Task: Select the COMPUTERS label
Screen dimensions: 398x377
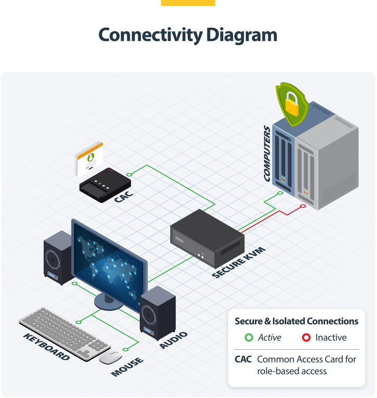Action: tap(267, 153)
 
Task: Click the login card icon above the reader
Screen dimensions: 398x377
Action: tap(89, 159)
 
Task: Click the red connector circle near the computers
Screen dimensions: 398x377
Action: tap(303, 206)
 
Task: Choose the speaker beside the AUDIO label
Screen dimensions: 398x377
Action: tap(157, 312)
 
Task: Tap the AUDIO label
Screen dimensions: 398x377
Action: tap(173, 340)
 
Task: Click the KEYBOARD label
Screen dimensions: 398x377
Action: tap(46, 347)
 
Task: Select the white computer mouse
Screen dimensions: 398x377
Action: tap(110, 356)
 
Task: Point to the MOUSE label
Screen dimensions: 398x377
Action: tap(128, 367)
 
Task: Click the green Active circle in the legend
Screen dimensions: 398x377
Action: tap(248, 338)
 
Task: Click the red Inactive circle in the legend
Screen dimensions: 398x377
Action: tap(306, 338)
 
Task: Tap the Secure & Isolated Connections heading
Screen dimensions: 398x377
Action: tap(296, 321)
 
